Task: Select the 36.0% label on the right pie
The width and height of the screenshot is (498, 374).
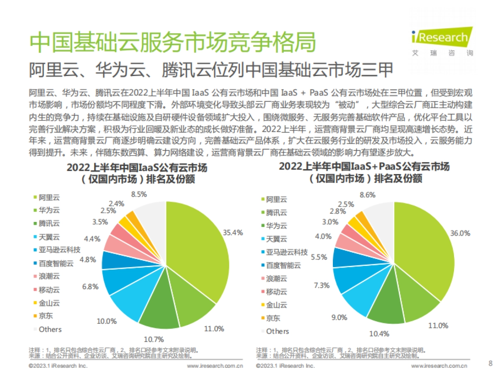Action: [x=460, y=234]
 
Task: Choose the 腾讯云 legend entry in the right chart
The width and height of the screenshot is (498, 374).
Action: [x=276, y=213]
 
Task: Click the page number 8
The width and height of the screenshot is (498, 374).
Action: [x=490, y=364]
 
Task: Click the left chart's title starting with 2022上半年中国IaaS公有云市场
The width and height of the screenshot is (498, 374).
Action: [x=137, y=168]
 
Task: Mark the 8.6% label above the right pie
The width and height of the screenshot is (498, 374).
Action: [x=368, y=194]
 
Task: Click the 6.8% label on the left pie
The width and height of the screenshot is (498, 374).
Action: [x=90, y=286]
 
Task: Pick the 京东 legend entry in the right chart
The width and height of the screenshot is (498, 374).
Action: [x=273, y=318]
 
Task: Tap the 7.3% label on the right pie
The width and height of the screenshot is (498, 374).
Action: [x=321, y=285]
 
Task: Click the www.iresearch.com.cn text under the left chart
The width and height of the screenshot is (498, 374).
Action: [x=215, y=366]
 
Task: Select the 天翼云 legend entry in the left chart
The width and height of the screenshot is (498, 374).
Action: [x=49, y=237]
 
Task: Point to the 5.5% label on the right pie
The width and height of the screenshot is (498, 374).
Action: [x=319, y=257]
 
